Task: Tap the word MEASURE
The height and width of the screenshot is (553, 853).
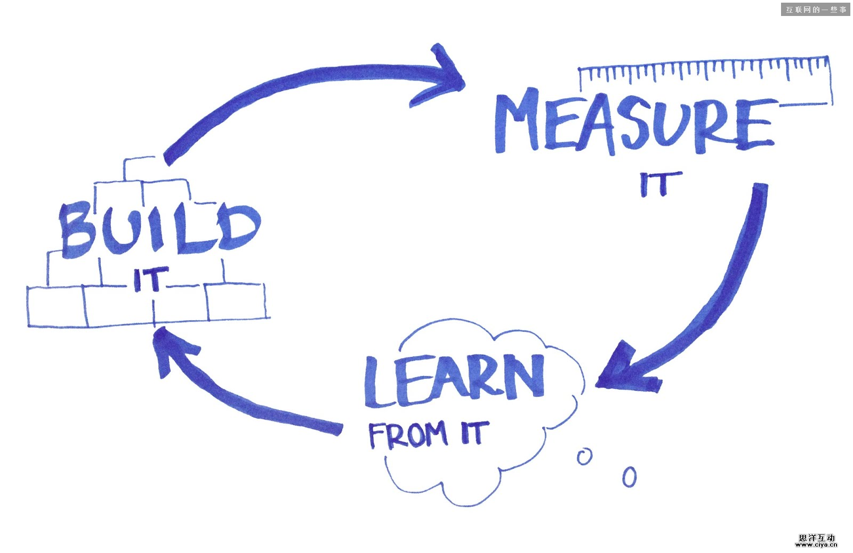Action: [x=634, y=124]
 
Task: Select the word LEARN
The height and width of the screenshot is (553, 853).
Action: [x=454, y=379]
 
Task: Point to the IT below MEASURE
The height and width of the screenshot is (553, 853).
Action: [x=660, y=183]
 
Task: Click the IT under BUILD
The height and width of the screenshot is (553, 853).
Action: [x=150, y=279]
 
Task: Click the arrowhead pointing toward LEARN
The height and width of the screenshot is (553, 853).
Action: [x=624, y=370]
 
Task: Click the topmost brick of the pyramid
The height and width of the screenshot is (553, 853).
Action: [x=140, y=169]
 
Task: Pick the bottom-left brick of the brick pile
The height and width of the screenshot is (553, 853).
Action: [x=57, y=306]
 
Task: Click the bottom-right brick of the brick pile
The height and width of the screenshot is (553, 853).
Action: [x=236, y=302]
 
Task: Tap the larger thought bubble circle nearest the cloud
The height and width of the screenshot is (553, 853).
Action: [x=584, y=457]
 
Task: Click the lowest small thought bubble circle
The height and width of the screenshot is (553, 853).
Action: [x=630, y=477]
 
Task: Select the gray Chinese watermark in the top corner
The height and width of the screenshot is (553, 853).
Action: [x=815, y=10]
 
